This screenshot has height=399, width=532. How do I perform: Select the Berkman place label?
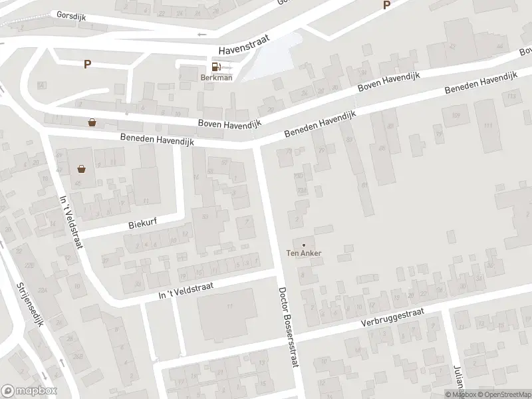click(x=216, y=77)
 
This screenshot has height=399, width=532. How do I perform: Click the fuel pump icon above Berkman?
click(x=216, y=66)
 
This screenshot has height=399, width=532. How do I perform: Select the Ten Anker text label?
click(x=304, y=253)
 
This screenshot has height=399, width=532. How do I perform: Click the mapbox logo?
click(x=29, y=391)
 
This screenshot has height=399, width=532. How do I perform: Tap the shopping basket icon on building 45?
click(x=82, y=170)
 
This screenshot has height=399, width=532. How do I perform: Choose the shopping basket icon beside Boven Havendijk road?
click(x=92, y=122)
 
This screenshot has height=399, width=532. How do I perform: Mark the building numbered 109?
click(x=456, y=116)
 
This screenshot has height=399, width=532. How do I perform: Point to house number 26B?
click(x=78, y=356)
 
